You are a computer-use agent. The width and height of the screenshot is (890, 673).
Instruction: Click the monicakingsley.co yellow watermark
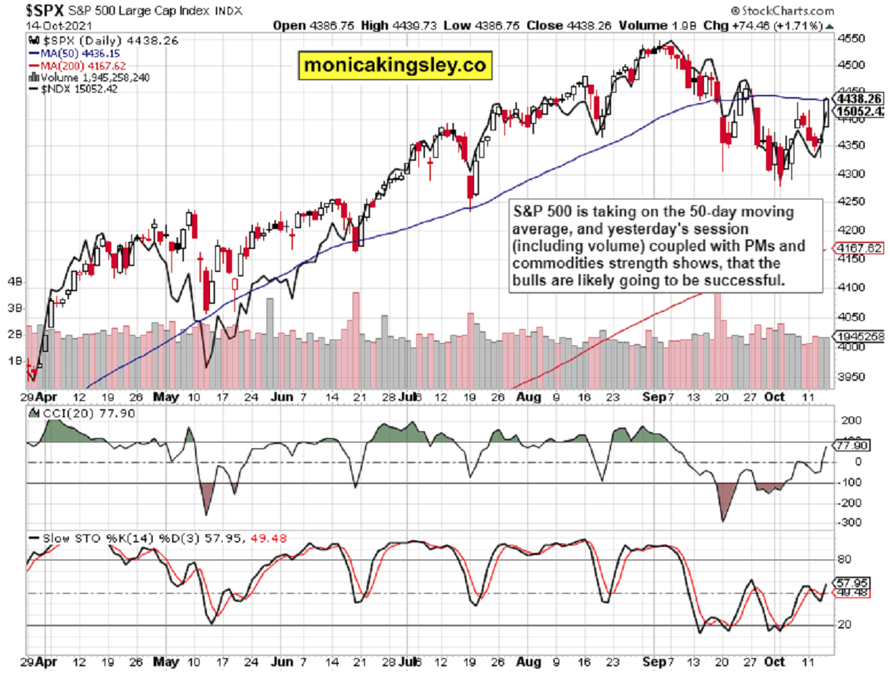(395, 64)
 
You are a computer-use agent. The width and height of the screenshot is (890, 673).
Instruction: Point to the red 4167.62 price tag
(859, 248)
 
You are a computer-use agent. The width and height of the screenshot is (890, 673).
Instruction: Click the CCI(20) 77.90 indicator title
(85, 413)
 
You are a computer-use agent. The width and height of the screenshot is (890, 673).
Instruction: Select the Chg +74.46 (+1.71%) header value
(763, 26)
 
